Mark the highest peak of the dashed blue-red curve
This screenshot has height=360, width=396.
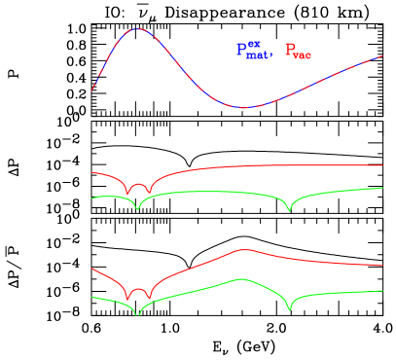pos(138,29)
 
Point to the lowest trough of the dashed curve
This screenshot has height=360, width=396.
pos(243,107)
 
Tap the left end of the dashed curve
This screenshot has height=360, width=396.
pos(92,90)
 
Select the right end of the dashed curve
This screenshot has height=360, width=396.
pos(382,55)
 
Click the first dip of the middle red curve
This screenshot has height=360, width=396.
pos(127,195)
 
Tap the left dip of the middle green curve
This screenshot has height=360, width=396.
pos(138,209)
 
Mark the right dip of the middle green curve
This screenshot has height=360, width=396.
pos(289,211)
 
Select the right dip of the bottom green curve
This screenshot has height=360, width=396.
pos(289,310)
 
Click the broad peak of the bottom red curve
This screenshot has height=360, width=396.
pos(241,250)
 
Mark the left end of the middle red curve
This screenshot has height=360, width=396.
pos(92,172)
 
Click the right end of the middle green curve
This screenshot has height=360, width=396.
pos(382,188)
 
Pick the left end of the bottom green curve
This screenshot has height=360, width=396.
pos(92,297)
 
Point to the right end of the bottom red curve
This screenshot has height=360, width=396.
pos(382,265)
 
